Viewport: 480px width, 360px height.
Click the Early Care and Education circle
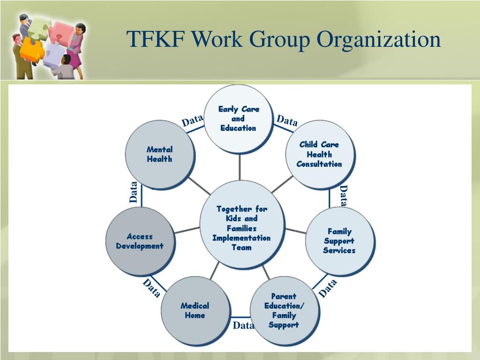pos(239,119)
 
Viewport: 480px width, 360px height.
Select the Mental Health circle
pos(159,154)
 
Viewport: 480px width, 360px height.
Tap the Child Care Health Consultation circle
pos(319,154)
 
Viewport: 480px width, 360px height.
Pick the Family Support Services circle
pos(339,241)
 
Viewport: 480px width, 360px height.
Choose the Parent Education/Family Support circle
pos(284,310)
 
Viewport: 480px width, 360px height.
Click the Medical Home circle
pos(195,310)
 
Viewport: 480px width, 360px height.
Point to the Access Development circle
pos(140,241)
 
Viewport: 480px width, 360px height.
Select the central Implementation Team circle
pos(242,228)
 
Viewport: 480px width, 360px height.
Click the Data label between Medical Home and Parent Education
pos(243,325)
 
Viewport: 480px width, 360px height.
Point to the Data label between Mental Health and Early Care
pos(192,121)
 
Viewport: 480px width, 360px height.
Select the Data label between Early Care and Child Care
pos(287,121)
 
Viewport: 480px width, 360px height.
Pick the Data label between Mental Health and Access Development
pos(134,192)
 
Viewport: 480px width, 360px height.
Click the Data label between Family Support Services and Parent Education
pos(328,288)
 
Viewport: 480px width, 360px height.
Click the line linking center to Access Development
pos(187,230)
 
